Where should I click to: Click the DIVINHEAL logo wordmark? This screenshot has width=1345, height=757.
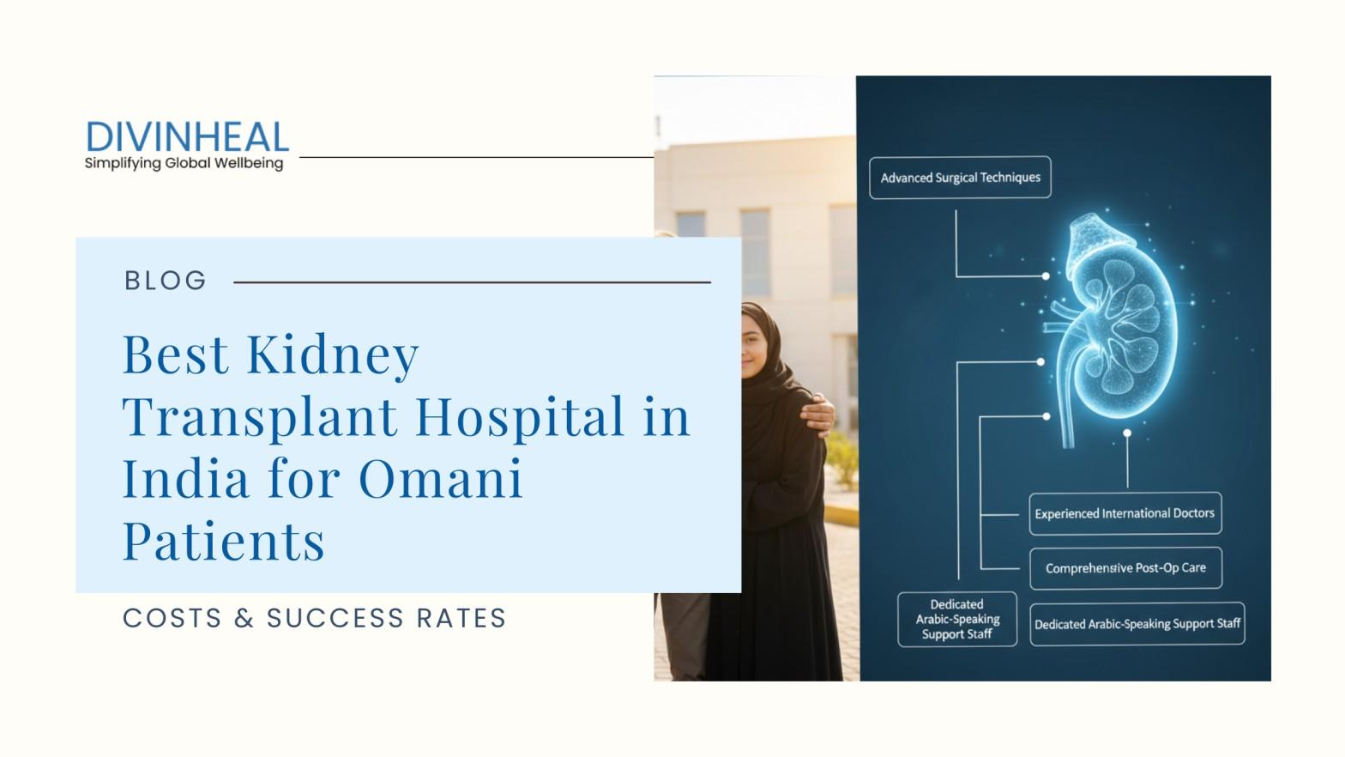point(187,137)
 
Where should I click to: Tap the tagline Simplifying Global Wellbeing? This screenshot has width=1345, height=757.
point(184,163)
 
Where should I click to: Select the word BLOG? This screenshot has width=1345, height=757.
point(166,281)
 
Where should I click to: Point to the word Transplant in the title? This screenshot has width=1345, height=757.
point(261,416)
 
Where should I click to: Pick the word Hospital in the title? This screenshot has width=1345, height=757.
point(521,416)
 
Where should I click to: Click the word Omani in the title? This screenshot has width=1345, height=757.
point(440,478)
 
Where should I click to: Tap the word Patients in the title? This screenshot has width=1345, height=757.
point(224,541)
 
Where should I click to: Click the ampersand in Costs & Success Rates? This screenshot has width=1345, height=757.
point(244,618)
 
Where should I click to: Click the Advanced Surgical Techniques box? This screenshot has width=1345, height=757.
point(960,178)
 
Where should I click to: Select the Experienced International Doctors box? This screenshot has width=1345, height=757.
point(1125,513)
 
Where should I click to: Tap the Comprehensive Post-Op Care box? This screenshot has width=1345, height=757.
point(1125,568)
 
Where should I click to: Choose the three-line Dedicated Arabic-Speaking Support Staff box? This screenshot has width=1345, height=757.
point(956,619)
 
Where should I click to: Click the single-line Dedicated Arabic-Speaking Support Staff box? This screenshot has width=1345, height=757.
point(1137,624)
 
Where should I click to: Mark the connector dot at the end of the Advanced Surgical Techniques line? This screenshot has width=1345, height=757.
point(1046,276)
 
